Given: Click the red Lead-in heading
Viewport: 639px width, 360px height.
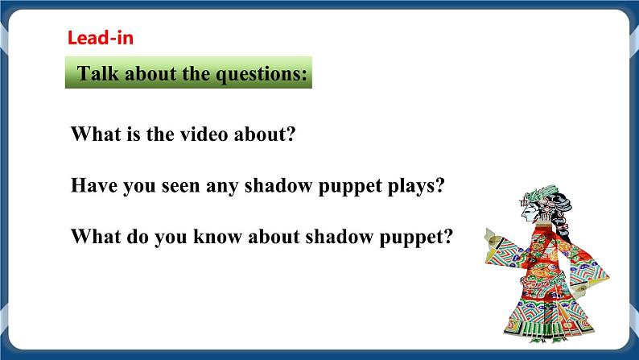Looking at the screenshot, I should point(100,37).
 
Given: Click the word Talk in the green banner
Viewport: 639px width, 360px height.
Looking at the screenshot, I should point(95,75).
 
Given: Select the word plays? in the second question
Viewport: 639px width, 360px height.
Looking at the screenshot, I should point(415,186).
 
